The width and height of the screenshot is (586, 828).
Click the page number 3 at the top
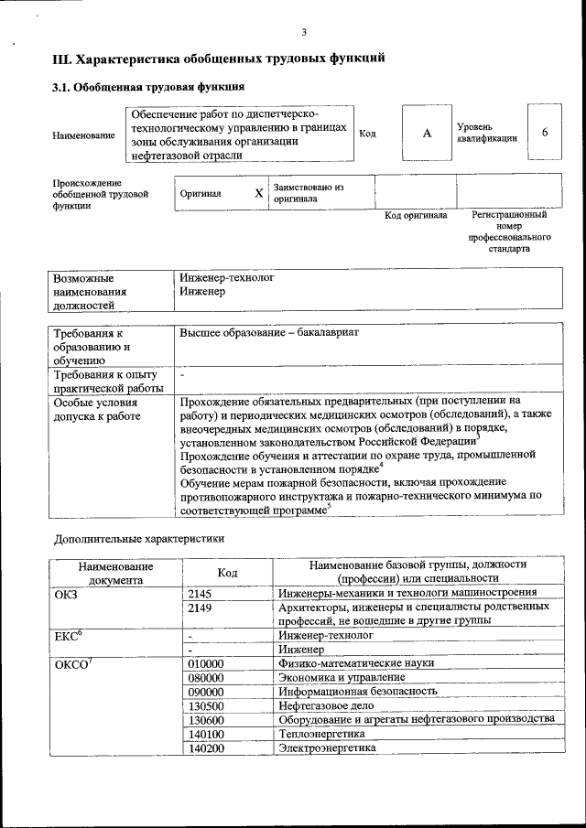(303, 33)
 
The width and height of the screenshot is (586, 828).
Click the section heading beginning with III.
(218, 59)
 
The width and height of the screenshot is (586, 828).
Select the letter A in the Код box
(427, 134)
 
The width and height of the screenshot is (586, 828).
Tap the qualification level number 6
(545, 133)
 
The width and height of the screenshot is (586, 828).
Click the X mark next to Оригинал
(258, 193)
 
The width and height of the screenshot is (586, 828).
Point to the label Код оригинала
(415, 216)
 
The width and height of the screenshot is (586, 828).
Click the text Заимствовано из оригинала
(308, 192)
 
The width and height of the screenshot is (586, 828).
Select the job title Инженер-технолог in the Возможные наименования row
(227, 276)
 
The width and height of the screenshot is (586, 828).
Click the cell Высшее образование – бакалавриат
(269, 332)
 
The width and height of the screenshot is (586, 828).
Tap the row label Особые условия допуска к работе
(97, 409)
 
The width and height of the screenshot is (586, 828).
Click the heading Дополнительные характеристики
(138, 539)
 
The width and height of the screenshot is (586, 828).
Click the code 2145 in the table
(200, 593)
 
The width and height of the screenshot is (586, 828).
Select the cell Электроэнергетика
(327, 748)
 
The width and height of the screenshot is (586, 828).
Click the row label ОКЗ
(67, 593)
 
